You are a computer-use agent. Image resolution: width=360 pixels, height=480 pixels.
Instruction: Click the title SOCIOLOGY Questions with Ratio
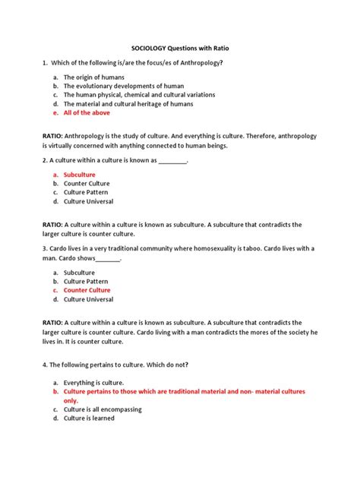tap(179, 46)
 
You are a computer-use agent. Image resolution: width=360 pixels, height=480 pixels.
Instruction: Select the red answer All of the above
tap(87, 112)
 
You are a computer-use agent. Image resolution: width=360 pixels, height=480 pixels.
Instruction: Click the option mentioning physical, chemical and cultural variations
tap(139, 95)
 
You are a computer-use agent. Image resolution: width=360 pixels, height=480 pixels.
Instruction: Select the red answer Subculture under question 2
tap(80, 175)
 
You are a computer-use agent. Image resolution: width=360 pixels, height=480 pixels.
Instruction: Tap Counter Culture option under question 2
tap(87, 183)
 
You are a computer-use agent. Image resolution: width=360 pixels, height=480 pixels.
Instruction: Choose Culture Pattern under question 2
tap(85, 192)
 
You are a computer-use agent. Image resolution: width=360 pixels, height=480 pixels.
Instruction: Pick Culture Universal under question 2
tap(88, 201)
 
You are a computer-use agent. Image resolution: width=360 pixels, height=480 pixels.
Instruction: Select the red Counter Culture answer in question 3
tap(87, 290)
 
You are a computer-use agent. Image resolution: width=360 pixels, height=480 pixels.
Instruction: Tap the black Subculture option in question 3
tap(79, 272)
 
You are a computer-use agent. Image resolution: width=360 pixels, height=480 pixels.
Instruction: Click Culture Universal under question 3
tap(88, 299)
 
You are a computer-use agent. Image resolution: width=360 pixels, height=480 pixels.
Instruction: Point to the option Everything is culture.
tap(93, 383)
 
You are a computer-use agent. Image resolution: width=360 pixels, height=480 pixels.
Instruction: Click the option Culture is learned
tap(90, 418)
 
